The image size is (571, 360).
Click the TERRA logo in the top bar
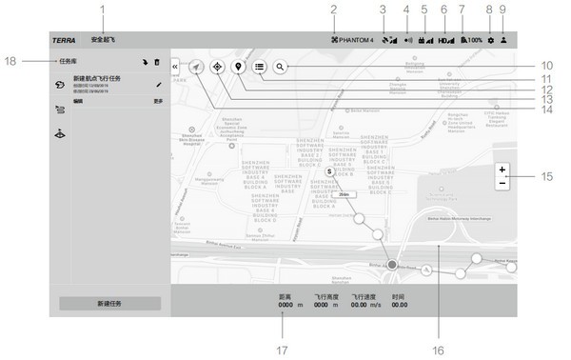pyautogui.click(x=64, y=41)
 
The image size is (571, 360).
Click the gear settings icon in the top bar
pyautogui.click(x=490, y=41)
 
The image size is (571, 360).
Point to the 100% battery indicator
pyautogui.click(x=469, y=41)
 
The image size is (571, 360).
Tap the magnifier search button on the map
pyautogui.click(x=280, y=68)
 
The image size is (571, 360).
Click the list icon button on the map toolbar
pyautogui.click(x=259, y=68)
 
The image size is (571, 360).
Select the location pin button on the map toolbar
pyautogui.click(x=238, y=68)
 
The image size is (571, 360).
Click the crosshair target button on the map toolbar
pyautogui.click(x=218, y=68)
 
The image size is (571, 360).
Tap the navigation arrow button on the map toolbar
pyautogui.click(x=197, y=68)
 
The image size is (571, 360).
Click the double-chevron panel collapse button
pyautogui.click(x=175, y=67)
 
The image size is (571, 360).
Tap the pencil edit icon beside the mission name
pyautogui.click(x=159, y=85)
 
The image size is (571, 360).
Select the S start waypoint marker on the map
pyautogui.click(x=328, y=172)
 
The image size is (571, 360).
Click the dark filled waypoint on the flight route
pyautogui.click(x=392, y=263)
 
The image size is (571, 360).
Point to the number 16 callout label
pyautogui.click(x=438, y=350)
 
